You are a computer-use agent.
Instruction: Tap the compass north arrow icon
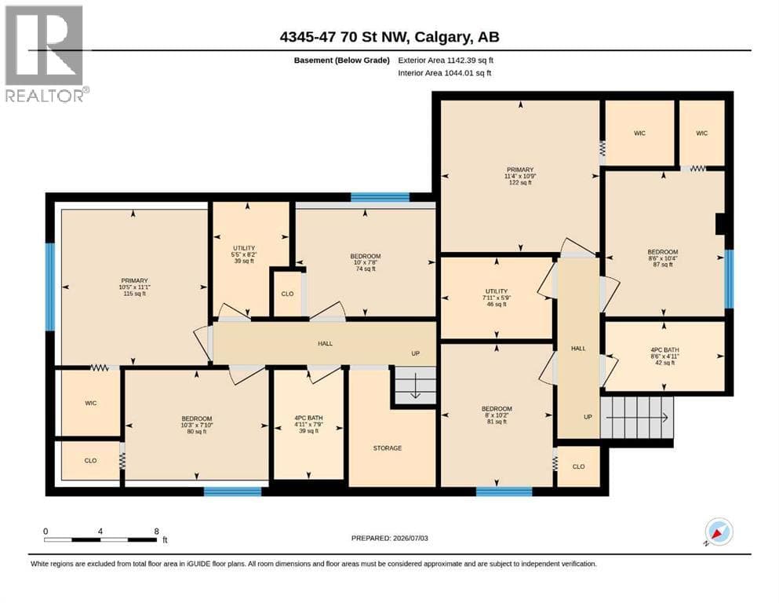coord(719,532)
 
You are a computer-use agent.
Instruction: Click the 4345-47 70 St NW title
coord(389,37)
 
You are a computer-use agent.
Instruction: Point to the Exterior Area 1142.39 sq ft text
coord(446,60)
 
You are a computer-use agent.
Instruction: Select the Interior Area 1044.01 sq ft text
coord(445,73)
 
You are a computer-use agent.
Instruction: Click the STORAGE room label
coord(388,448)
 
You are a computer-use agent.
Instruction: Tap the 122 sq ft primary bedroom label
coord(520,176)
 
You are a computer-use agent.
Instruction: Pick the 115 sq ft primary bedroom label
coord(134,287)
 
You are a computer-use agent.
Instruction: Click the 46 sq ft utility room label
coord(497,298)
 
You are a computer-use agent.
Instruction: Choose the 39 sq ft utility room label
coord(244,254)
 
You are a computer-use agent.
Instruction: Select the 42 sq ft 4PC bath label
coord(664,356)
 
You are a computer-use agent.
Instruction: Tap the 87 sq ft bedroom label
coord(663,258)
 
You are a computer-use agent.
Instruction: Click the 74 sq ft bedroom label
coord(365,262)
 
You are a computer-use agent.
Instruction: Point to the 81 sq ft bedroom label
coord(497,415)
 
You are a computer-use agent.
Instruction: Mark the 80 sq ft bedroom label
coord(197,425)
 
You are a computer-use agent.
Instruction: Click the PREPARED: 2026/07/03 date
coord(389,538)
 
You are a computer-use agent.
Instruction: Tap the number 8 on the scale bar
coord(156,531)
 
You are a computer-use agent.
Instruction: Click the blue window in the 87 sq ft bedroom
coord(729,279)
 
